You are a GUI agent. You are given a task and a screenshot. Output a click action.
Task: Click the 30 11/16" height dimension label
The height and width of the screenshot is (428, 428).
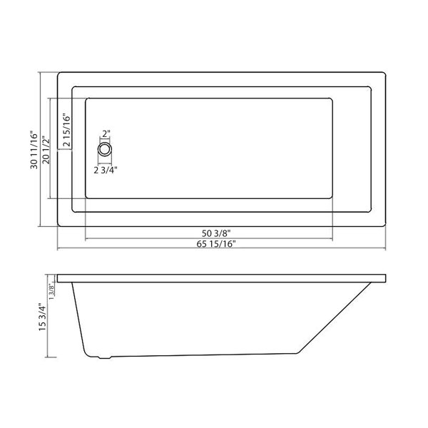click(x=34, y=150)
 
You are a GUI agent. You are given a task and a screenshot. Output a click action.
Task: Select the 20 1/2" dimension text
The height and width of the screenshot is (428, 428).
click(x=46, y=151)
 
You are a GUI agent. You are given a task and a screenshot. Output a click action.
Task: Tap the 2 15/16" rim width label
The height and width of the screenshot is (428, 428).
click(x=66, y=130)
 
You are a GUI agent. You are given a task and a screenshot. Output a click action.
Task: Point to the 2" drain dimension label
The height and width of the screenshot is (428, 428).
click(x=106, y=134)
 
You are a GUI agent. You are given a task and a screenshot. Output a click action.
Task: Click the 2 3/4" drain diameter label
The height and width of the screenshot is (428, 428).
click(x=106, y=170)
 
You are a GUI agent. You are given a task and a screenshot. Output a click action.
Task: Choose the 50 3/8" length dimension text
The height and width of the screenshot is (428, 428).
click(x=216, y=233)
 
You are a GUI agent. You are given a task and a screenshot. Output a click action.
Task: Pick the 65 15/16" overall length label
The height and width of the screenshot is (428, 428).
click(x=216, y=244)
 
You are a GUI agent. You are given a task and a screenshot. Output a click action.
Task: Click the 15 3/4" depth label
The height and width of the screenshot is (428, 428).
click(x=43, y=317)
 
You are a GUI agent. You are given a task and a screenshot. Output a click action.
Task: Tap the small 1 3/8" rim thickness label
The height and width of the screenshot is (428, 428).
click(x=51, y=291)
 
